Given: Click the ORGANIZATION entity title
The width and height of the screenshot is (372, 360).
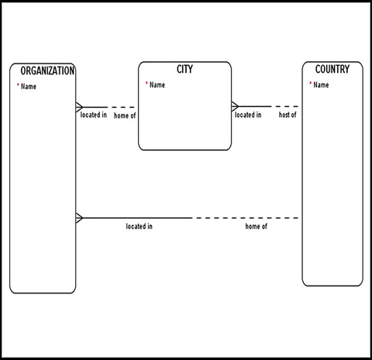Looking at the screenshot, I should (47, 71).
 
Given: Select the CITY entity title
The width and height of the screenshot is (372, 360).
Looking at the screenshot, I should (184, 70).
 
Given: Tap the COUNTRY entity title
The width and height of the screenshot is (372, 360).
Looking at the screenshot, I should (332, 70).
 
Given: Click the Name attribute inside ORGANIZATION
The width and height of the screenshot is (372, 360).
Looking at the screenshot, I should (29, 87).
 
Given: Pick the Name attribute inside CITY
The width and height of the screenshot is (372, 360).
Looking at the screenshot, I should (157, 85).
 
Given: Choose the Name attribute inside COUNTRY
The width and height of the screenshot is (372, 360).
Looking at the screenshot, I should (321, 85).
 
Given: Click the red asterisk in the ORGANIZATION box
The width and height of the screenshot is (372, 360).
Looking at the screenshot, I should (18, 86).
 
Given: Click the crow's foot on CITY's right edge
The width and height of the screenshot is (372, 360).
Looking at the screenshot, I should (236, 107).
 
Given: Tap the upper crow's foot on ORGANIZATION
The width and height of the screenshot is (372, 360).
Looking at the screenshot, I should (79, 107).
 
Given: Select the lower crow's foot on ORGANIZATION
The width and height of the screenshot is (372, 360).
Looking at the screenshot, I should (79, 218).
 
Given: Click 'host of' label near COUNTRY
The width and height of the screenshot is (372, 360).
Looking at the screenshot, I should (288, 115).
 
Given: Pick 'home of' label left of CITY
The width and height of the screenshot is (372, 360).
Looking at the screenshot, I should (125, 115).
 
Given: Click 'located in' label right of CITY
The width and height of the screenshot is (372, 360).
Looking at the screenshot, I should (248, 115).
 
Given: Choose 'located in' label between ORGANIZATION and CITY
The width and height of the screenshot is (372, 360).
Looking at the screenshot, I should (93, 115).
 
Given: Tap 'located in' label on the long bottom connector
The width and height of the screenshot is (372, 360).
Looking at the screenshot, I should (139, 227).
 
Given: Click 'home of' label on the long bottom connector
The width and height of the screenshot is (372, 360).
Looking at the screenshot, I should (257, 227).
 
